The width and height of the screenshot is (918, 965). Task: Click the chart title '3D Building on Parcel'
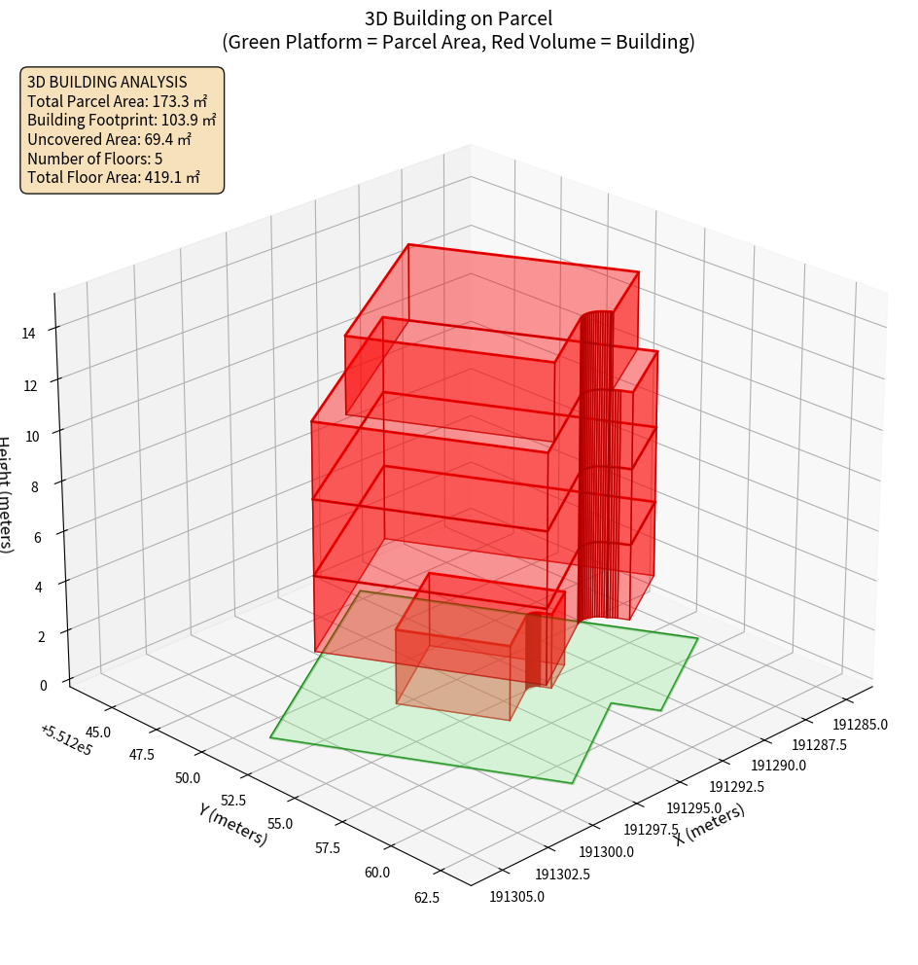[x=459, y=18]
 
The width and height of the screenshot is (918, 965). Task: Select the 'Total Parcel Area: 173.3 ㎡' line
[x=117, y=101]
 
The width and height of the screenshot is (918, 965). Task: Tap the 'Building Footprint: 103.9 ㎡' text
[x=122, y=121]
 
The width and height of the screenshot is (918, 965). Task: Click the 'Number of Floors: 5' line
[x=95, y=159]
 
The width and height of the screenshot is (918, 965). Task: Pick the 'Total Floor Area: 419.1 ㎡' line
[x=114, y=177]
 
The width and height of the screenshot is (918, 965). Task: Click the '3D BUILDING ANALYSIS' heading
[x=107, y=82]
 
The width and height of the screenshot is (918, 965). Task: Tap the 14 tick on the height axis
[x=29, y=334]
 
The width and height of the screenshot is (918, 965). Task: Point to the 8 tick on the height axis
[x=35, y=485]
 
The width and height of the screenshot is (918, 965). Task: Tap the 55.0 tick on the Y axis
[x=280, y=824]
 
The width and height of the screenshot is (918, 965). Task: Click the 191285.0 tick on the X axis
[x=860, y=724]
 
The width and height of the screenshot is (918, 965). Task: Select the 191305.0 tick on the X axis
[x=517, y=896]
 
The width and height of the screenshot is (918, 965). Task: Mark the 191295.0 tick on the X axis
[x=693, y=808]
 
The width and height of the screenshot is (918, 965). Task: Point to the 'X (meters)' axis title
[x=710, y=824]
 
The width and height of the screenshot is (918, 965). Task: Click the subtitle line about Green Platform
[x=459, y=42]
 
